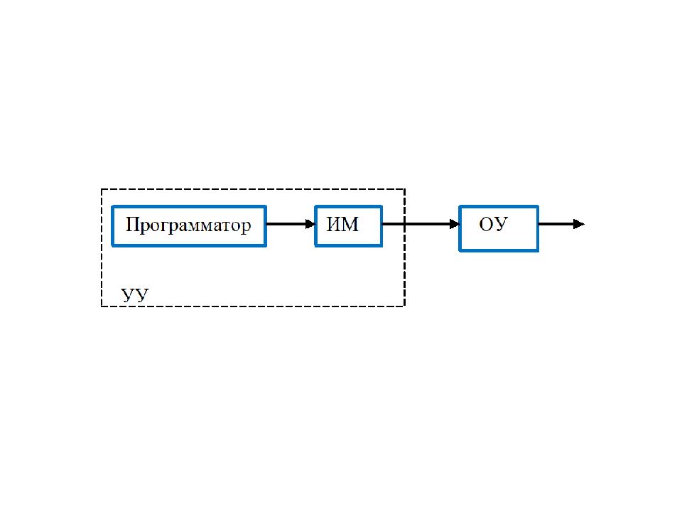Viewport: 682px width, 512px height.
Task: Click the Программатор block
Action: (x=189, y=226)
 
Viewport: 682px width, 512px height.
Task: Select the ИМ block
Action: (x=348, y=226)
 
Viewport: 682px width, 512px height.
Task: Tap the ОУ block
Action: (x=499, y=228)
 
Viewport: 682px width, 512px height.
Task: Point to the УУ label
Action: (x=135, y=295)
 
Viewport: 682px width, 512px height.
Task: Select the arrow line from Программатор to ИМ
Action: (x=291, y=224)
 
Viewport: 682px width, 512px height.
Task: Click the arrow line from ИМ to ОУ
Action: (x=421, y=224)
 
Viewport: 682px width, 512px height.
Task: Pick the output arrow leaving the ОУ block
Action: (x=561, y=224)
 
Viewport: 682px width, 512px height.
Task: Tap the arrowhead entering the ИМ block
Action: (x=310, y=224)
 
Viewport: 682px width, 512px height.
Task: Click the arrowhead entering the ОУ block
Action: (x=455, y=224)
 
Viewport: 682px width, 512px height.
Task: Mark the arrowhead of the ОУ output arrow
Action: (x=580, y=224)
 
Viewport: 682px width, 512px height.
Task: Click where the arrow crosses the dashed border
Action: (x=404, y=224)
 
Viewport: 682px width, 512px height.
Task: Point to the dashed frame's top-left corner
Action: (x=102, y=189)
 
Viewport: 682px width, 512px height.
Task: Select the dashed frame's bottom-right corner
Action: (x=404, y=306)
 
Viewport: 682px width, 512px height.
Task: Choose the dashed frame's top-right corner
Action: (x=404, y=189)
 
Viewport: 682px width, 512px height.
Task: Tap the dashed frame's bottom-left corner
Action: (x=102, y=306)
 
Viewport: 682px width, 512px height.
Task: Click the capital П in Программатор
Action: (x=132, y=225)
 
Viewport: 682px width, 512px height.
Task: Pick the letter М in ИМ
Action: (x=351, y=225)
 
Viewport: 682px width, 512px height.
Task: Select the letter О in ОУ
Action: (x=486, y=225)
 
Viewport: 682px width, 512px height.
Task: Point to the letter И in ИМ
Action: (x=334, y=225)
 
